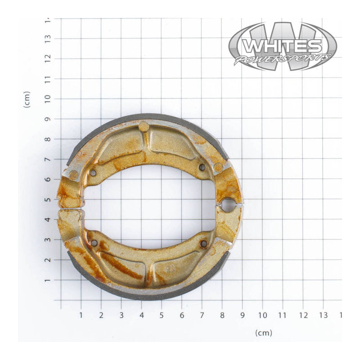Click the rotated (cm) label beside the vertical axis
point(27,99)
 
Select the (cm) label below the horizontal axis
point(263,333)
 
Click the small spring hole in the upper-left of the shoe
point(93,172)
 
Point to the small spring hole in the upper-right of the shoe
point(202,167)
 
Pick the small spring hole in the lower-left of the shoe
point(94,243)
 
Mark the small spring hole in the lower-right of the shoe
point(203,243)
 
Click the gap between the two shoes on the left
point(70,209)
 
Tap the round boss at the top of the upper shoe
point(144,126)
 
